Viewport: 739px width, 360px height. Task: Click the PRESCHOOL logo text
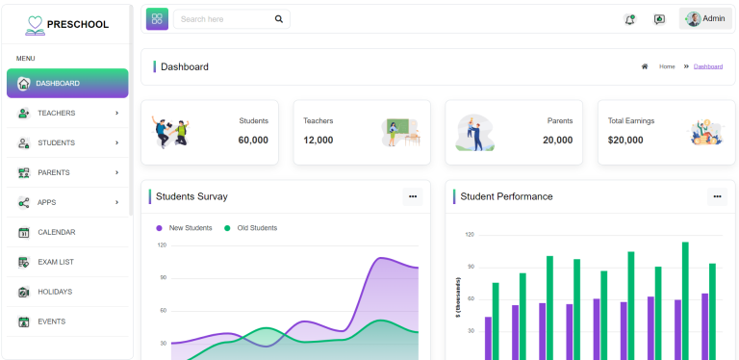[78, 24]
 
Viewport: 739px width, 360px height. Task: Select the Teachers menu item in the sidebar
[56, 114]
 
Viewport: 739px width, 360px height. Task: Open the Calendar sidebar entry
[56, 232]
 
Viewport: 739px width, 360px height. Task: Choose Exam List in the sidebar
[56, 262]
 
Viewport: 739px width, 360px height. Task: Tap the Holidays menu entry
[55, 292]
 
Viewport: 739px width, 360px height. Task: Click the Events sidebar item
[52, 321]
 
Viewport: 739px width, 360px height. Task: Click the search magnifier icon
[279, 18]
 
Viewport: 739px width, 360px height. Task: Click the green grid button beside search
[157, 18]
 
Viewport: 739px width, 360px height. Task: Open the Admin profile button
[705, 18]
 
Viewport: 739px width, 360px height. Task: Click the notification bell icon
[629, 18]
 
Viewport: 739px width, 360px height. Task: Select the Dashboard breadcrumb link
[707, 66]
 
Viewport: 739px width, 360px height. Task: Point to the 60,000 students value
[253, 140]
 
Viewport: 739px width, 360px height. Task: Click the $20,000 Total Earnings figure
[625, 140]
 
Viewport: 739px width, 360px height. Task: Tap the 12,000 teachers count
[319, 140]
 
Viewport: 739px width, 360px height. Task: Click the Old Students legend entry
[256, 228]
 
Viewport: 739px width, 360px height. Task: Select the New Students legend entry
[190, 228]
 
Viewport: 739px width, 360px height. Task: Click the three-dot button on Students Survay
[413, 196]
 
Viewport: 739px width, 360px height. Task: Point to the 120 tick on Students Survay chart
[161, 244]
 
